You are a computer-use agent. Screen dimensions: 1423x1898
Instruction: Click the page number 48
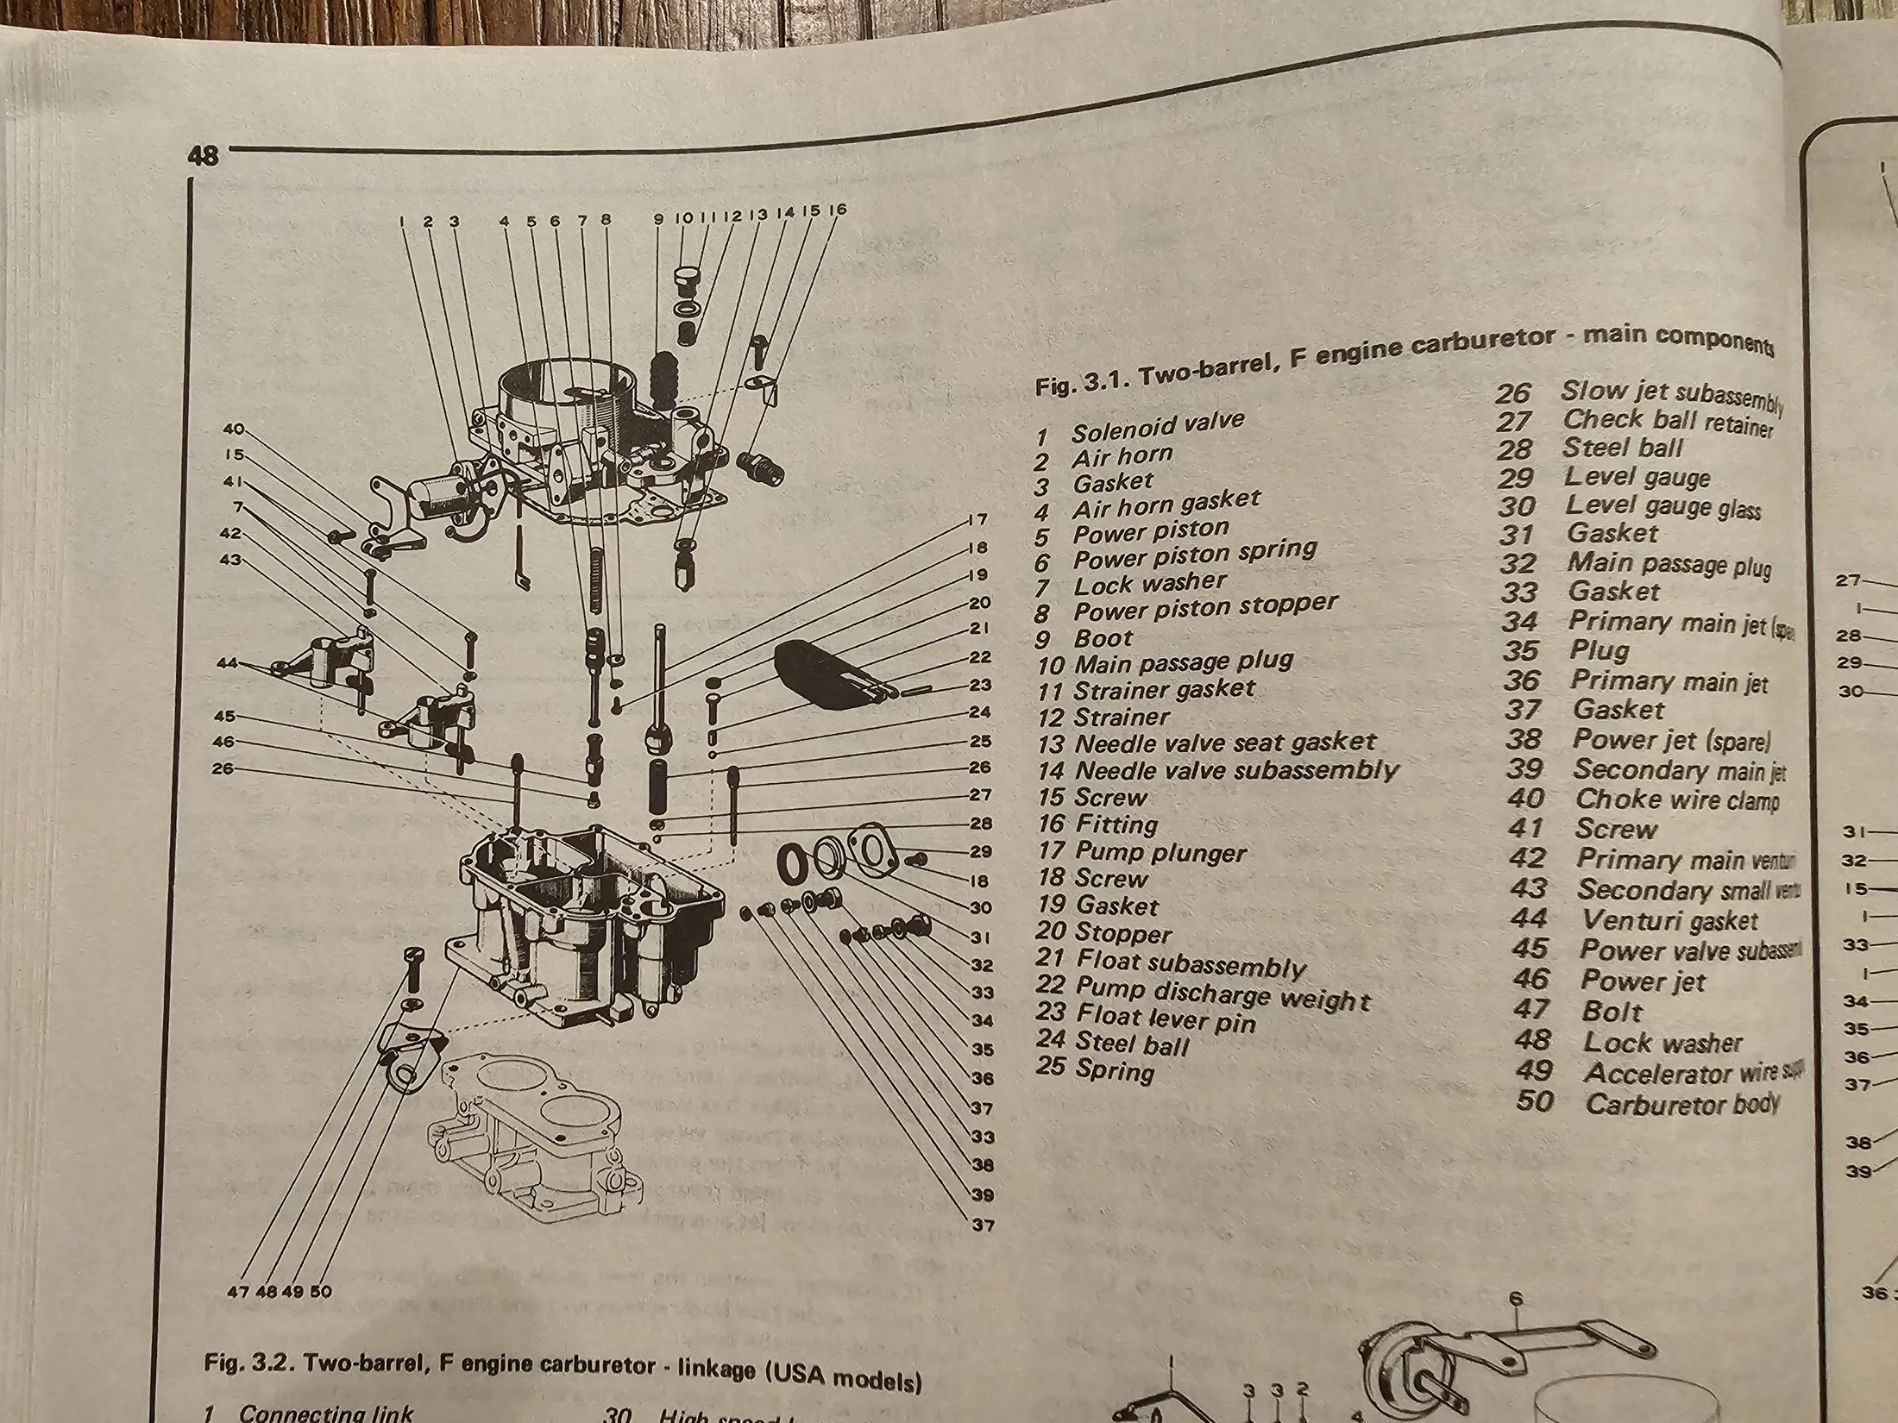pyautogui.click(x=203, y=156)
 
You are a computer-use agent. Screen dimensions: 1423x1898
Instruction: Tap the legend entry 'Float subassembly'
pyautogui.click(x=1191, y=963)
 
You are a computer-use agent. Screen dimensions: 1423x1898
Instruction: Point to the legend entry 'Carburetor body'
pyautogui.click(x=1681, y=1104)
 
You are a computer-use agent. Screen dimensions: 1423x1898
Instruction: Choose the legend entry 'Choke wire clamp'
pyautogui.click(x=1676, y=799)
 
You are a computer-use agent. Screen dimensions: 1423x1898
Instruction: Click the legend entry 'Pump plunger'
pyautogui.click(x=1160, y=853)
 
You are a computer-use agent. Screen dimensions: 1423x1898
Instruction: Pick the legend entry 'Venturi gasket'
pyautogui.click(x=1669, y=920)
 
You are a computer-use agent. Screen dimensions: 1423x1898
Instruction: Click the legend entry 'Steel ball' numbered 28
pyautogui.click(x=1622, y=448)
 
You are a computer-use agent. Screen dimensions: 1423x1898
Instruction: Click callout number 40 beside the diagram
pyautogui.click(x=234, y=429)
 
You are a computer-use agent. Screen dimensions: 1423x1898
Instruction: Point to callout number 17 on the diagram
pyautogui.click(x=977, y=520)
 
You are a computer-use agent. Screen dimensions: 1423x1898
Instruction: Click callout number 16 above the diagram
pyautogui.click(x=837, y=210)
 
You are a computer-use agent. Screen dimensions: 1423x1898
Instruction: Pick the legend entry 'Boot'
pyautogui.click(x=1103, y=638)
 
